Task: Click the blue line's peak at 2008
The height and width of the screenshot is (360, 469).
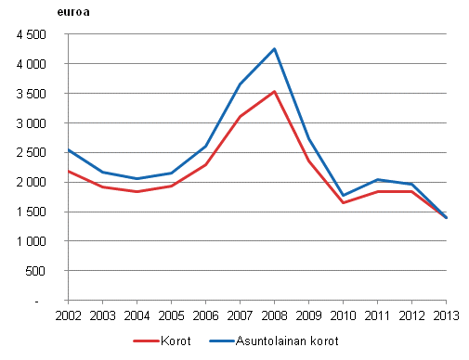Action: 275,49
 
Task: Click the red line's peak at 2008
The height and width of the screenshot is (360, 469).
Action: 275,91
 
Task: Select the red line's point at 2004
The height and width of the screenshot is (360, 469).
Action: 137,191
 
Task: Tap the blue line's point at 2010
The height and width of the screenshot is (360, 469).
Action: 344,195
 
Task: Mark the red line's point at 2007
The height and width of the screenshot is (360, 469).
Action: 241,116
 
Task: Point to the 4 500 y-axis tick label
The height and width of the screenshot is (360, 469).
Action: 31,34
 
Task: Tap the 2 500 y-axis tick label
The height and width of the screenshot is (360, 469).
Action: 31,153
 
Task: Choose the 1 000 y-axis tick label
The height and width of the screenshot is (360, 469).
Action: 31,241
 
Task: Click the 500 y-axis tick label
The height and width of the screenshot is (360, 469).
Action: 36,271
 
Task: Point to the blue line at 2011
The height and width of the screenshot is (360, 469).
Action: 378,179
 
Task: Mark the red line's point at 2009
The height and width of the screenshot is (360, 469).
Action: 309,161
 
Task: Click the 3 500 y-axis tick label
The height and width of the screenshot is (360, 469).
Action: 31,94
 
